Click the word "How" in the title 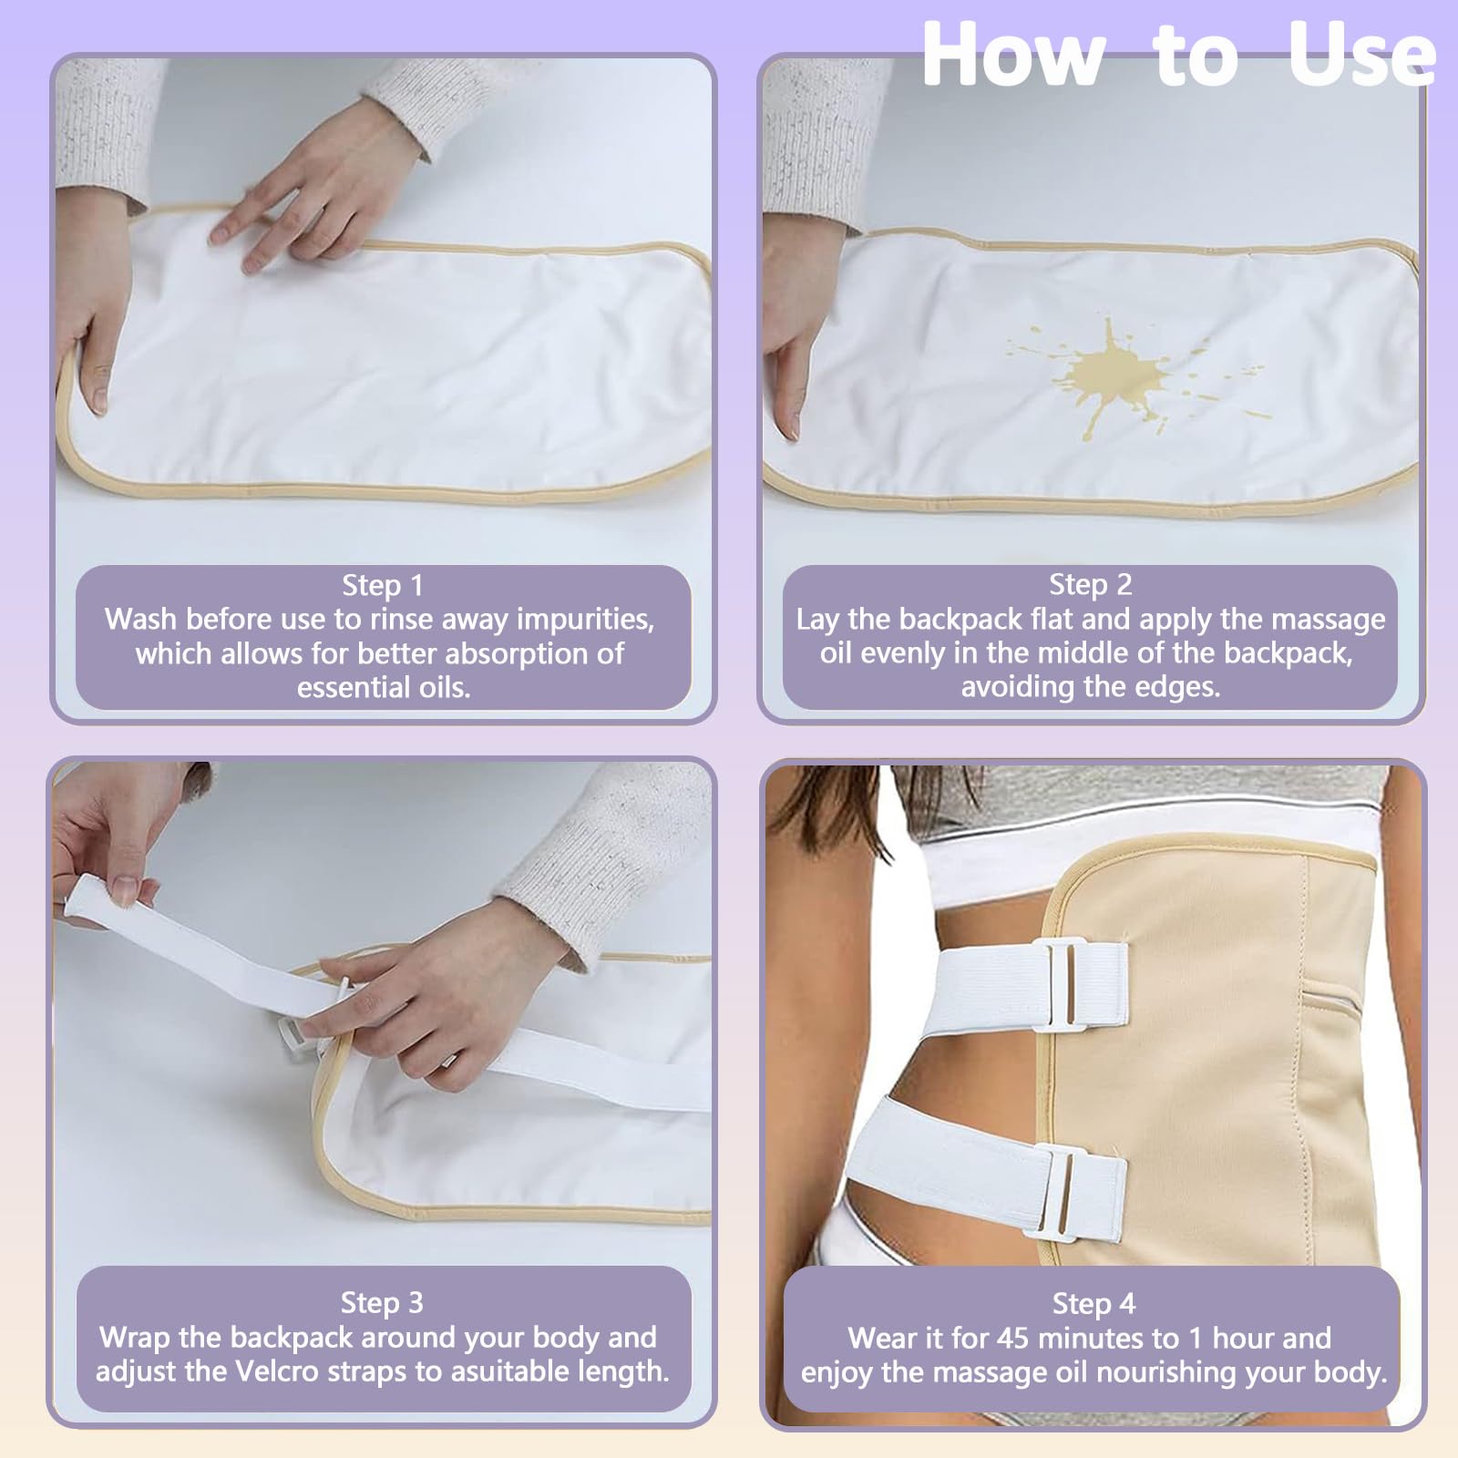1014,54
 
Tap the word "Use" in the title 1362,54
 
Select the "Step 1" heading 383,585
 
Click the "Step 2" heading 1090,584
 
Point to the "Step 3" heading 382,1303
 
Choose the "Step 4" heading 1093,1304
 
